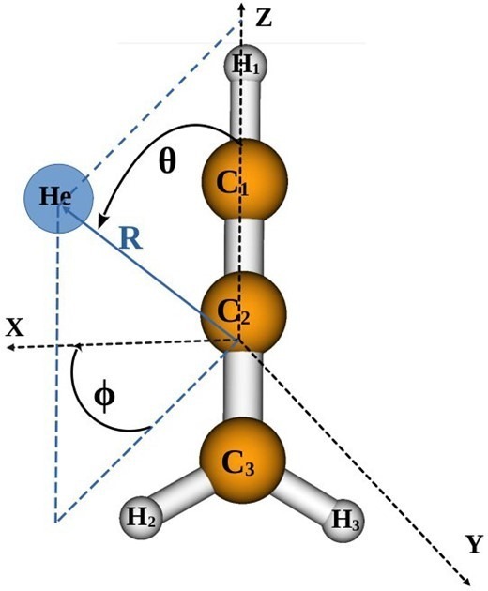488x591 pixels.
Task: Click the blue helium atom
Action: click(58, 199)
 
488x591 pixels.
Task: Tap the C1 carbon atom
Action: click(245, 181)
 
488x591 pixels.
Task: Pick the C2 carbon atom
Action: click(243, 311)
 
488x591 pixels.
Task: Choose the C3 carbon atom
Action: click(242, 461)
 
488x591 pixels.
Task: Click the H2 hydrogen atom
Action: click(140, 518)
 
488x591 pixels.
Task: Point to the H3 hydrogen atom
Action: click(343, 521)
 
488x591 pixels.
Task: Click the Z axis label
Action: click(264, 18)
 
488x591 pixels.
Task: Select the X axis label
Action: click(15, 326)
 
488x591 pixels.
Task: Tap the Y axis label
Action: click(473, 545)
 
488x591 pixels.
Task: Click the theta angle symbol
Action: click(167, 161)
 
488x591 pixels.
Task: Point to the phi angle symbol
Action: click(104, 398)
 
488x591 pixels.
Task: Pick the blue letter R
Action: click(130, 239)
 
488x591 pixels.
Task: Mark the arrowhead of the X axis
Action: click(11, 347)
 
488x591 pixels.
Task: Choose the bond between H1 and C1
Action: click(246, 113)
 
